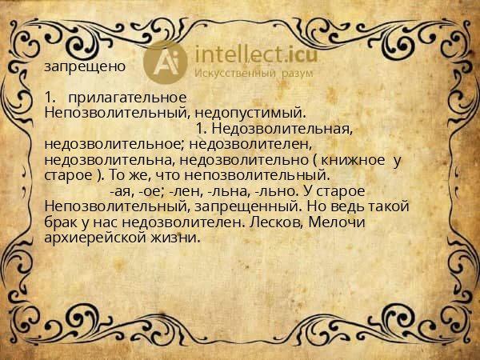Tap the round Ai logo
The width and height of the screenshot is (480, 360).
pyautogui.click(x=164, y=62)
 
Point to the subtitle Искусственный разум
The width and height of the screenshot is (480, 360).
pyautogui.click(x=254, y=74)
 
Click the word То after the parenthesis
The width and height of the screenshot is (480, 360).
pyautogui.click(x=118, y=174)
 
